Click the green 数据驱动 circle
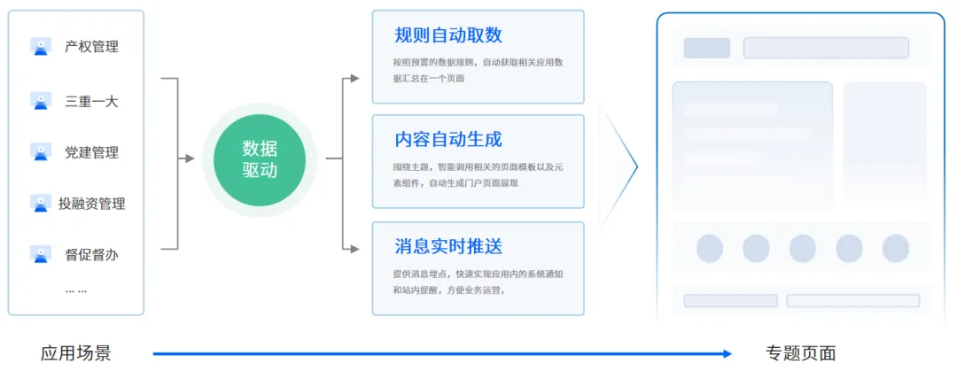260,160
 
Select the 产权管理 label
91,47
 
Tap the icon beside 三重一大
41,101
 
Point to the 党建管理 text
91,152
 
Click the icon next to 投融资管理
41,203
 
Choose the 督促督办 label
91,254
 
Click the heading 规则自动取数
448,35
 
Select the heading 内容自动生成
448,140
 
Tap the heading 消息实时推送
448,246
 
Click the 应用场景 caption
75,353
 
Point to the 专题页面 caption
800,353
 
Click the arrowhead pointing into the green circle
190,158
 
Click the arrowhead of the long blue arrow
727,353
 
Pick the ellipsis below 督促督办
76,291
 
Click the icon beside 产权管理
41,47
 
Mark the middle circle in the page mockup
803,248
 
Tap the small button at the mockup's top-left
707,48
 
